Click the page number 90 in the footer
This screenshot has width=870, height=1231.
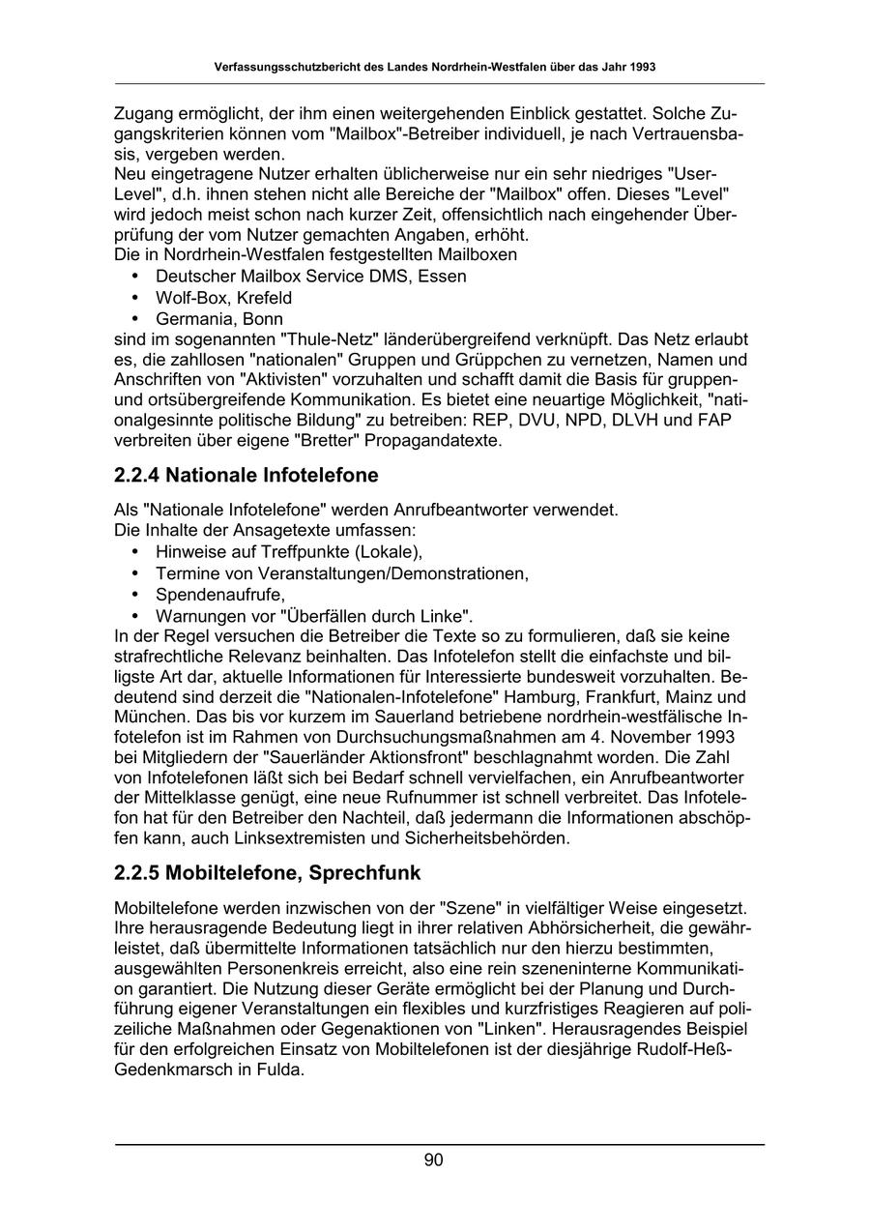[x=433, y=1160]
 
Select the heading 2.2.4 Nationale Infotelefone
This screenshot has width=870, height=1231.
[x=246, y=475]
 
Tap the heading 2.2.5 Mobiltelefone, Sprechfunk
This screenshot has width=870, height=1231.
[x=267, y=873]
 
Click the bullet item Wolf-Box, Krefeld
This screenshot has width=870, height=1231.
[x=223, y=297]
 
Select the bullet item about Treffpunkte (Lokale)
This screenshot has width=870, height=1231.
[x=289, y=552]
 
